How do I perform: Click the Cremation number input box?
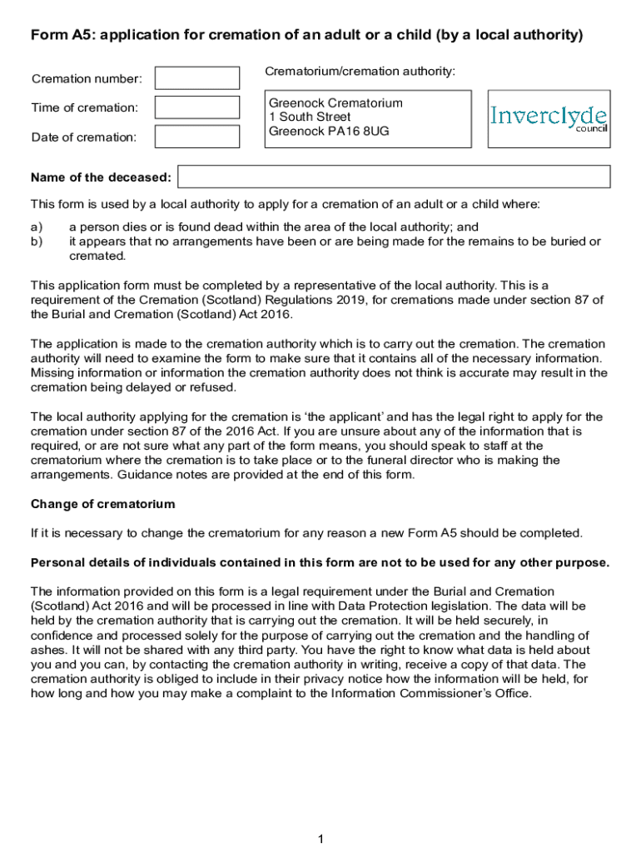(x=197, y=78)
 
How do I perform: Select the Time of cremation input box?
(x=197, y=107)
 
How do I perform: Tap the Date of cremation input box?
(x=197, y=137)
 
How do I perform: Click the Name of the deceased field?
(x=394, y=177)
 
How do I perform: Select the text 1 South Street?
(x=310, y=117)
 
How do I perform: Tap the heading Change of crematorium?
(x=103, y=504)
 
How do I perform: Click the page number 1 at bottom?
(x=320, y=839)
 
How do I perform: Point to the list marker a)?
(x=37, y=227)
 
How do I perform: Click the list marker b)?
(x=37, y=242)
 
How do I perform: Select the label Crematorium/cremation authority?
(x=360, y=72)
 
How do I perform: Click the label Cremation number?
(x=87, y=79)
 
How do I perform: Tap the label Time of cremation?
(x=85, y=107)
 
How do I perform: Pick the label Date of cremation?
(x=84, y=137)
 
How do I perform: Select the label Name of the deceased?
(x=101, y=177)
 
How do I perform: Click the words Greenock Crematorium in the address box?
(x=335, y=103)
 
